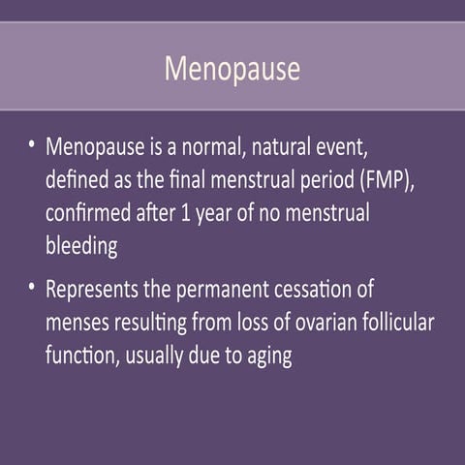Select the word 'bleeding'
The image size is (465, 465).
81,247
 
